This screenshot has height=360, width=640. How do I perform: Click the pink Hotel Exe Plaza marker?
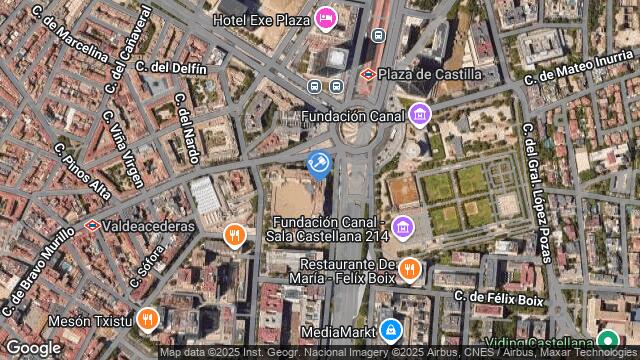pos(325,18)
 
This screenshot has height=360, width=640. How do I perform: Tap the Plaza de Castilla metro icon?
pos(368,74)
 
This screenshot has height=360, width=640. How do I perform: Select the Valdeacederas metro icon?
pos(92,226)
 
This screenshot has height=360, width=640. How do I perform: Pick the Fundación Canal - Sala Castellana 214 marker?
pos(402,227)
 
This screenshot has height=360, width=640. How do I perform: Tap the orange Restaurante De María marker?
pos(409,269)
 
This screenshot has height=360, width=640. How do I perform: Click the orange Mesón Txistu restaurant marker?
pos(148,320)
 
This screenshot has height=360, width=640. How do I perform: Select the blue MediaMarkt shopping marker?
pos(391,329)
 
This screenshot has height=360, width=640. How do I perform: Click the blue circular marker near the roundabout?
pos(319,163)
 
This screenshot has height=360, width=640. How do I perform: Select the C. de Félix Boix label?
pos(498,298)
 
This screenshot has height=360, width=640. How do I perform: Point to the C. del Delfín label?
pos(171,68)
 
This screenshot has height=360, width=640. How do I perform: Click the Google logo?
pos(33,347)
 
